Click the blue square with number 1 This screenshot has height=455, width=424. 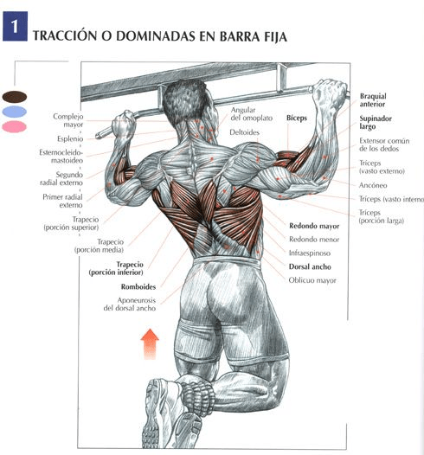click(15, 26)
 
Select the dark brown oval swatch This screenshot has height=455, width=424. click(15, 97)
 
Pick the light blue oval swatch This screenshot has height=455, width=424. click(14, 112)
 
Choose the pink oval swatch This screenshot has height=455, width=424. click(14, 126)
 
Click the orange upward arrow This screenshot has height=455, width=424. click(150, 344)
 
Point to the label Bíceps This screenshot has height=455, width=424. click(297, 118)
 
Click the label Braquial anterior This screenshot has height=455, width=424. click(373, 100)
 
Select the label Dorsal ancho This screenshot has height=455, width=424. click(310, 266)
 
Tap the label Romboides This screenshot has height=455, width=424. click(138, 286)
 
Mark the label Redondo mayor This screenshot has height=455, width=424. click(314, 226)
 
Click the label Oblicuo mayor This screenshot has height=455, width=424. click(312, 280)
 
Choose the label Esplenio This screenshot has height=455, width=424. click(70, 138)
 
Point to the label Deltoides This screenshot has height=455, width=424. click(244, 132)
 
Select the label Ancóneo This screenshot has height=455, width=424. click(373, 185)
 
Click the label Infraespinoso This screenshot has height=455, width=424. click(310, 253)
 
